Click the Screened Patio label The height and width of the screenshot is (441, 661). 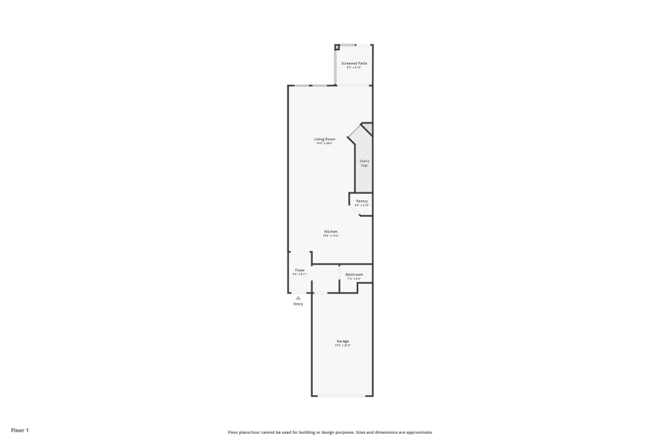(x=354, y=63)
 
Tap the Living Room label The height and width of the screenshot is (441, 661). (x=325, y=139)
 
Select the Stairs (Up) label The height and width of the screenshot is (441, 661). (x=364, y=163)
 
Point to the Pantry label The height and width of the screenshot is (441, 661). (x=362, y=201)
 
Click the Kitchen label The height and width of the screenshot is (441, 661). (x=330, y=231)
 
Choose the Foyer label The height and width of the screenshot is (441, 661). (x=299, y=270)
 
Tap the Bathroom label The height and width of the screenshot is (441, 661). (x=354, y=274)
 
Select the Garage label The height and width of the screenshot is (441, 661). (x=342, y=341)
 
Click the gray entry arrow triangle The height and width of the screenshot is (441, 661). (x=298, y=298)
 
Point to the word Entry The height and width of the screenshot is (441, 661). (x=298, y=304)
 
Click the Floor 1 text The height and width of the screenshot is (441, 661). (x=20, y=430)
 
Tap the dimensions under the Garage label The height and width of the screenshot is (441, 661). (x=342, y=346)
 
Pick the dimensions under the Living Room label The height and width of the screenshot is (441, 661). (x=325, y=143)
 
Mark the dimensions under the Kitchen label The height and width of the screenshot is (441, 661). (x=330, y=236)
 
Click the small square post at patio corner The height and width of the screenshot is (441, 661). (x=337, y=48)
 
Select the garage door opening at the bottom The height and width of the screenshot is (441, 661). (x=342, y=396)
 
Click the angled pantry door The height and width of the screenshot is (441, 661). (x=354, y=209)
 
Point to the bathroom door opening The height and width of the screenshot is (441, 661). (x=339, y=273)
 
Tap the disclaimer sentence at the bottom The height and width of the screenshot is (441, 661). (x=330, y=432)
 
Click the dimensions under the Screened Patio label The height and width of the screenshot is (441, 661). (x=354, y=67)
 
